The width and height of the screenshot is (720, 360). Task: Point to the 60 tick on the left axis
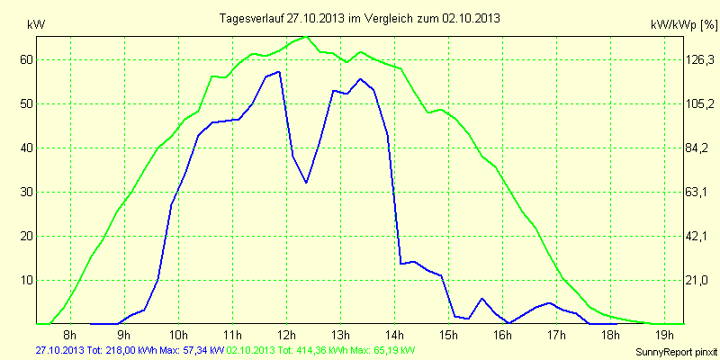click(x=27, y=59)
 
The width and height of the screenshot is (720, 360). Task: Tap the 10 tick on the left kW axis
click(x=27, y=280)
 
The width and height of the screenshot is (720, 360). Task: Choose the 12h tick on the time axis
click(x=286, y=336)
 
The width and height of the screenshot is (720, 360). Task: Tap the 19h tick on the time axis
click(x=664, y=336)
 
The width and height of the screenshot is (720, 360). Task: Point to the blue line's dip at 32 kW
click(x=307, y=183)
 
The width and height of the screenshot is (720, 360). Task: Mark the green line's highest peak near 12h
click(x=307, y=37)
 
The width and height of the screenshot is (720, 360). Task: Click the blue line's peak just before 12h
click(x=280, y=72)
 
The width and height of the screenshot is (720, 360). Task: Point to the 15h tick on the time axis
click(x=448, y=336)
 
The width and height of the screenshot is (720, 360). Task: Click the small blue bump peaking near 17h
click(x=549, y=303)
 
